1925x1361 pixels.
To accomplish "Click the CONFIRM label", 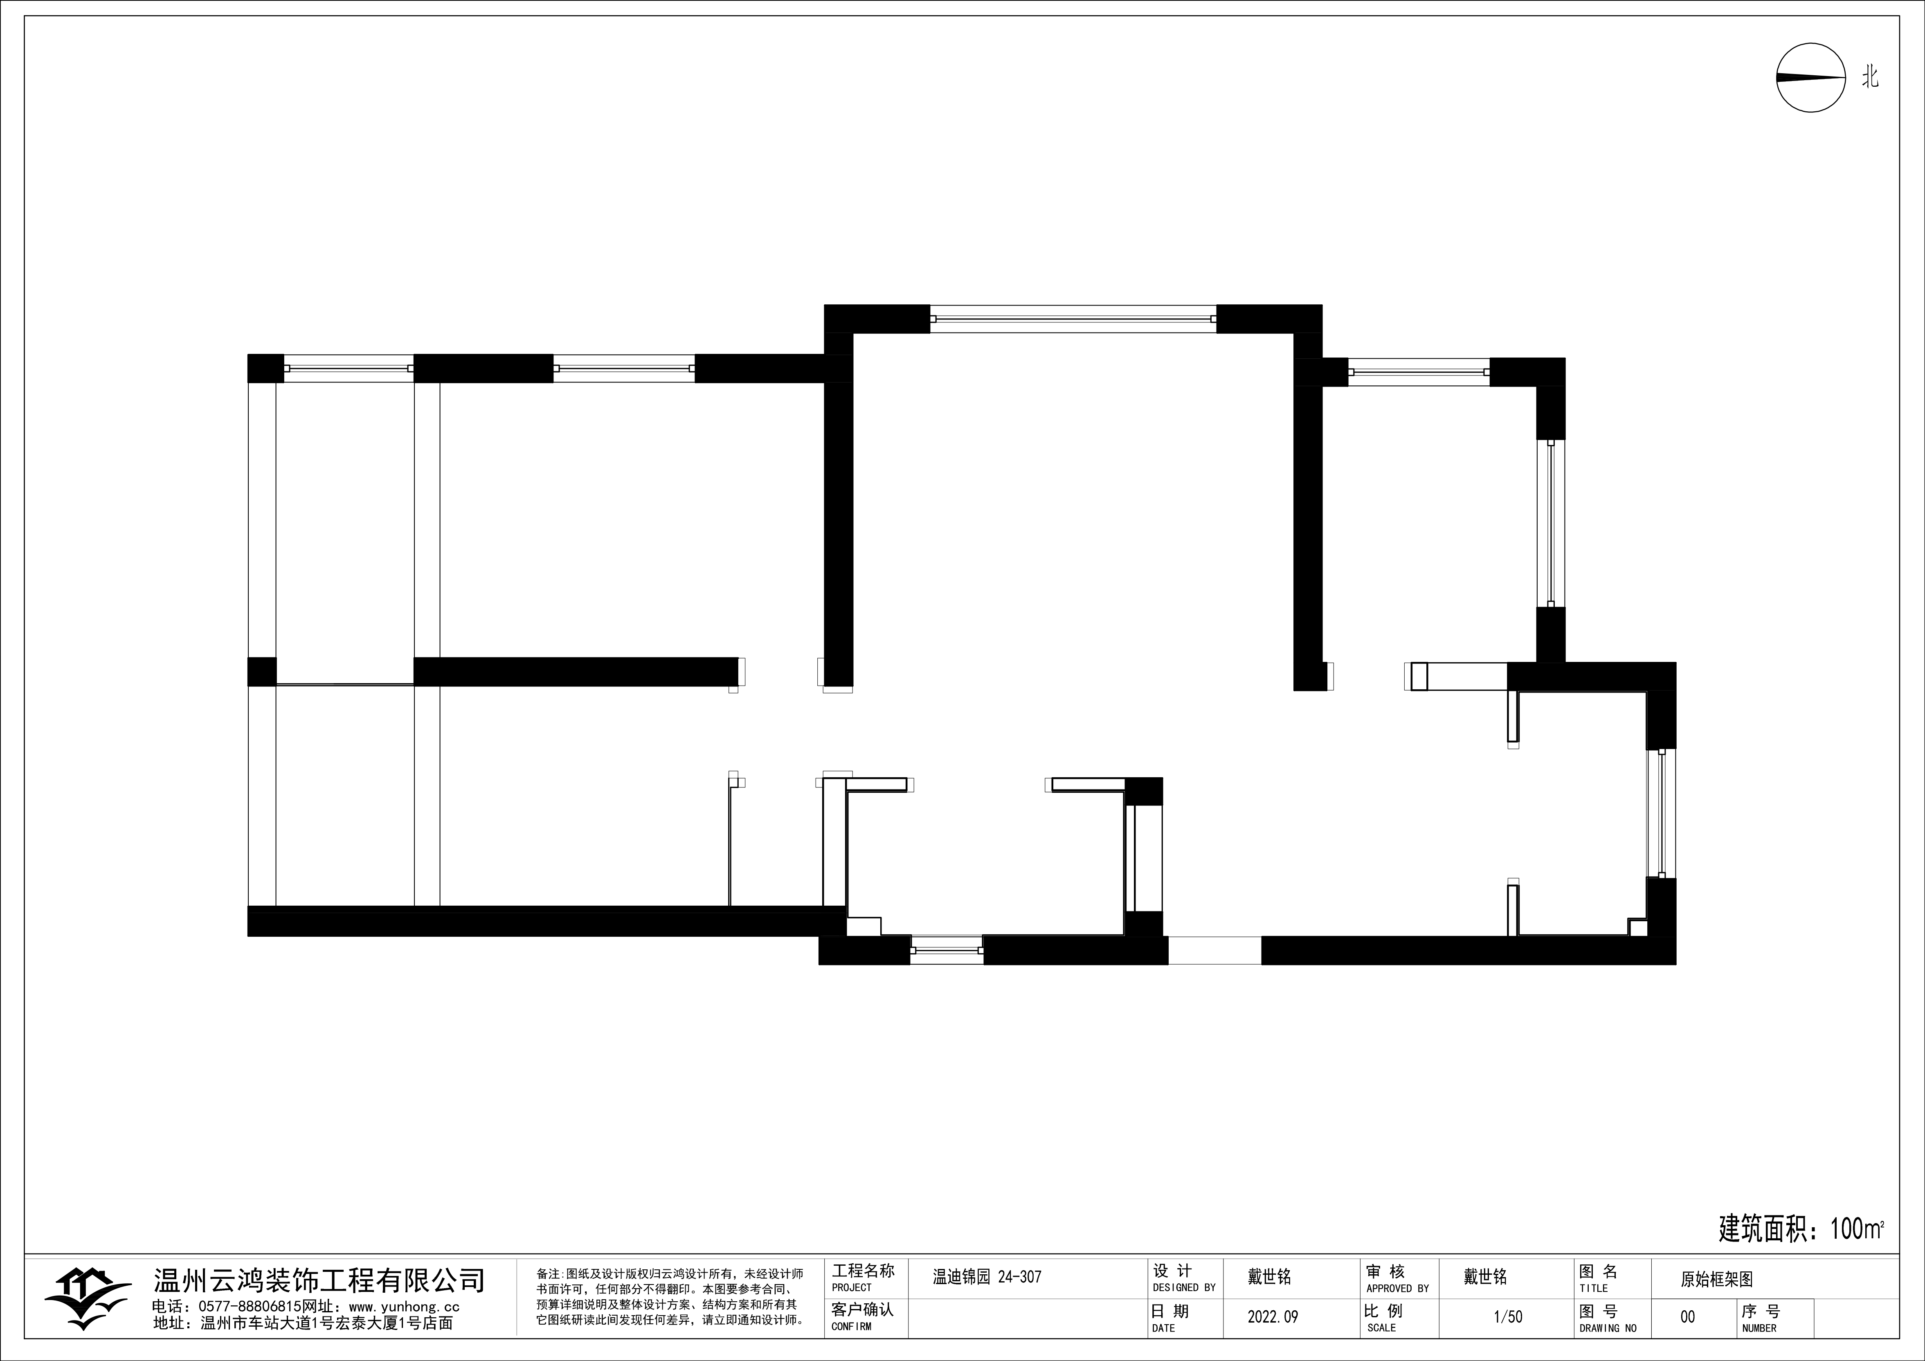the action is pos(851,1327).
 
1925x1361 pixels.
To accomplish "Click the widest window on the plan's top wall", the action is pos(1073,319).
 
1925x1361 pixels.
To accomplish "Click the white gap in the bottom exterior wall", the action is pos(1215,950).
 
